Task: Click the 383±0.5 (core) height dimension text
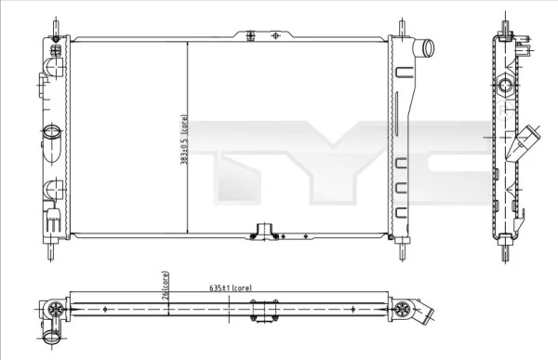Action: (x=185, y=137)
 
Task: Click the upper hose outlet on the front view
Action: (x=426, y=47)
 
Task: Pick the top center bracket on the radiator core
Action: (x=262, y=35)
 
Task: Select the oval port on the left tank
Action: (x=52, y=132)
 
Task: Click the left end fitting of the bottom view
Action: (x=54, y=312)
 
